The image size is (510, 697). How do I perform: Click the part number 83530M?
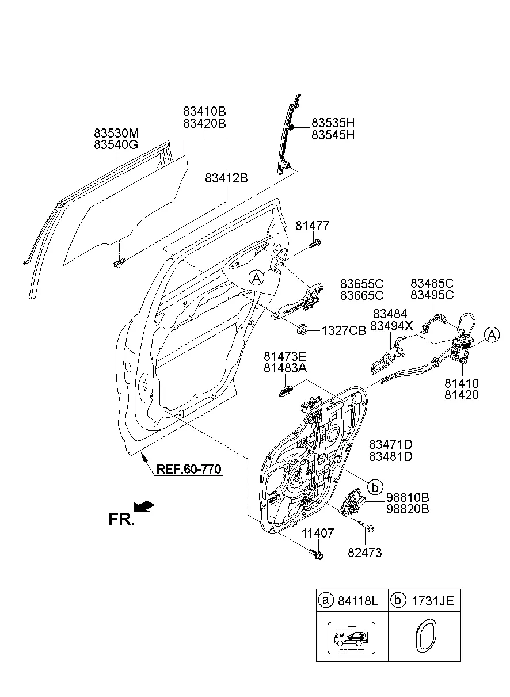click(116, 133)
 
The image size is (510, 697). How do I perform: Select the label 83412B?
click(226, 178)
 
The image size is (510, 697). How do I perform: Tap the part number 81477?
click(313, 226)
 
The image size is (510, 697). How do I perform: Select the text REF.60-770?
click(188, 470)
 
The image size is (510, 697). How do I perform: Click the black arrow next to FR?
click(143, 506)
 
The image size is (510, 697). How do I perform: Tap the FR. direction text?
click(121, 520)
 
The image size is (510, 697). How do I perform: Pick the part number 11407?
click(317, 534)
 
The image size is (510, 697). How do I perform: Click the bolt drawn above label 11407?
click(316, 554)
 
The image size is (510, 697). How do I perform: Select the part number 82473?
click(364, 553)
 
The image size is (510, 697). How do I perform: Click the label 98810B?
click(407, 497)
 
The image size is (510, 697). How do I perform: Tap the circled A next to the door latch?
click(491, 334)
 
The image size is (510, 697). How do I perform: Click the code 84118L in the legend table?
click(357, 601)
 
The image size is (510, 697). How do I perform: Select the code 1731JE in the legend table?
click(432, 601)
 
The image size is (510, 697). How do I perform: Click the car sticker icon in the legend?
click(351, 638)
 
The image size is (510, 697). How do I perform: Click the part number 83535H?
click(333, 123)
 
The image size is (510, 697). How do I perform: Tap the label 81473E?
click(285, 357)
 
